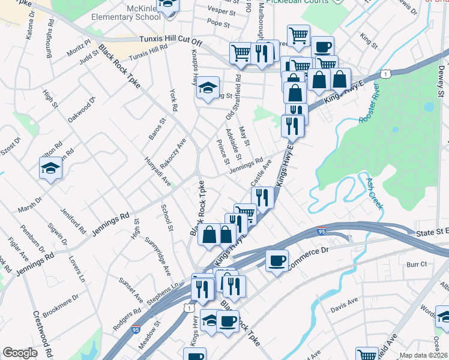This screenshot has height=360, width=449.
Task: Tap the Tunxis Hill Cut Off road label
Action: click(x=171, y=41)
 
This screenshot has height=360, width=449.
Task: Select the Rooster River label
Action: click(x=370, y=108)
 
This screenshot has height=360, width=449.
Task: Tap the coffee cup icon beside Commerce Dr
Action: click(x=277, y=261)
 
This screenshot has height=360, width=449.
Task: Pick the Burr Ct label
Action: click(x=416, y=264)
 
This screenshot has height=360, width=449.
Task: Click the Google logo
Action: click(x=20, y=353)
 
